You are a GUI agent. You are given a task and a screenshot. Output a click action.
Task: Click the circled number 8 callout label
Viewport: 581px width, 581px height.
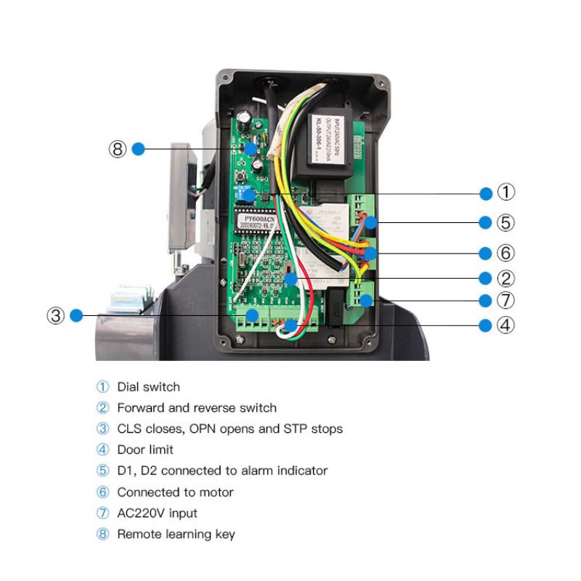[118, 149]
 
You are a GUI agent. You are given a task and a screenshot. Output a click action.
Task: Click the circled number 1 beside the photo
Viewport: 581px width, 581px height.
[506, 192]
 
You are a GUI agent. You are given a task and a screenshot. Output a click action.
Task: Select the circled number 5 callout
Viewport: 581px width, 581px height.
[506, 222]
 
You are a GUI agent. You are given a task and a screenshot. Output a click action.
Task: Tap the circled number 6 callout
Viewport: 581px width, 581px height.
[506, 253]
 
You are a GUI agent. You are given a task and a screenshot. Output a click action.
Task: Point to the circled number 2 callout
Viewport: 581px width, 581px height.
[506, 278]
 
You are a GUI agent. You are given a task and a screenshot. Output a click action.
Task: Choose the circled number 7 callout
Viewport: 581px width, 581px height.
[506, 301]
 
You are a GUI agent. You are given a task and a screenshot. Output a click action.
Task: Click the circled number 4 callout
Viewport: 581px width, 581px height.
[506, 325]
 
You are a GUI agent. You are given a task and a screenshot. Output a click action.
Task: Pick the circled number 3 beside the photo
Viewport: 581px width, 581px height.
[56, 315]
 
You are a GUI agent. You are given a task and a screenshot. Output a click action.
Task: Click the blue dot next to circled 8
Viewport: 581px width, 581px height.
[138, 149]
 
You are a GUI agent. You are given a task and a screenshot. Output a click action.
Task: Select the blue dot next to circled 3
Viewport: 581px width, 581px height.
[77, 315]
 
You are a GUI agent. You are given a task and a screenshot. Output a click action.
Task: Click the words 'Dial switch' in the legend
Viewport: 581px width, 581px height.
[148, 387]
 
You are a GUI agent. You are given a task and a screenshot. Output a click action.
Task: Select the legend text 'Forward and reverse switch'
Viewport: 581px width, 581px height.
[196, 408]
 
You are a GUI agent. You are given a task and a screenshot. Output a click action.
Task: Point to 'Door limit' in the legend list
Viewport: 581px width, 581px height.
[145, 450]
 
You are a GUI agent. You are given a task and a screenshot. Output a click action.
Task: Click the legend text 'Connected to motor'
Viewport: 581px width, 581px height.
[175, 492]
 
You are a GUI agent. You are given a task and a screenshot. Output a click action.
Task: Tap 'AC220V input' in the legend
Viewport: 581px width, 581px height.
[157, 513]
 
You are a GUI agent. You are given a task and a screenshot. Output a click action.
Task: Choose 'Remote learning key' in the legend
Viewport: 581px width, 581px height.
[176, 534]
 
